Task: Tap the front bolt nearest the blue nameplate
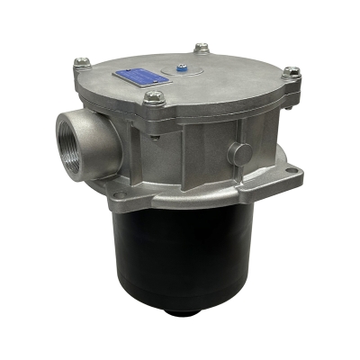tap(153, 98)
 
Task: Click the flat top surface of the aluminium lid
tap(225, 81)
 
